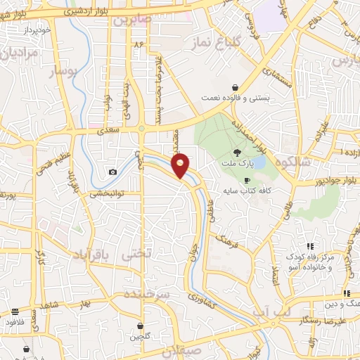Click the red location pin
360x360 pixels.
tap(181, 165)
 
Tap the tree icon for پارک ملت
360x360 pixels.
tap(237, 152)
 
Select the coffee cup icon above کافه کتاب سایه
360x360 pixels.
tap(246, 180)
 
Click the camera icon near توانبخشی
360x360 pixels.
tap(112, 172)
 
